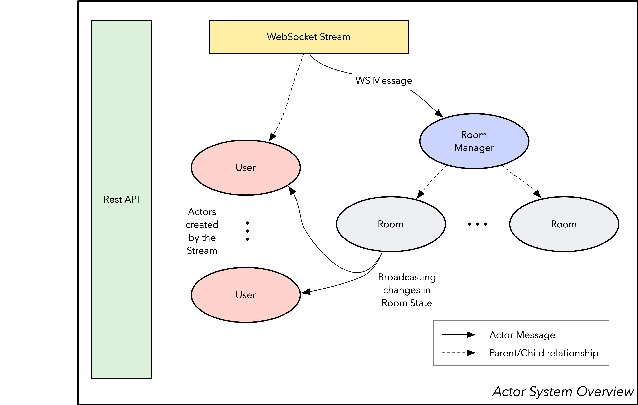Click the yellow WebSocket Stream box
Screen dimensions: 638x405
pos(309,37)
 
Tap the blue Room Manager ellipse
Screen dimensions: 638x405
pos(474,141)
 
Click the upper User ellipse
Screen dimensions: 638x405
pos(246,168)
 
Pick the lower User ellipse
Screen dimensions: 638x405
pos(246,295)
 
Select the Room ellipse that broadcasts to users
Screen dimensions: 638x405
pos(391,224)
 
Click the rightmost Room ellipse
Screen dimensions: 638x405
pos(564,224)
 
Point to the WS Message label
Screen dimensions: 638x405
pos(384,80)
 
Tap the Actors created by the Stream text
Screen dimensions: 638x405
pos(202,231)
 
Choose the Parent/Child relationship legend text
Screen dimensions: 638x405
pos(544,353)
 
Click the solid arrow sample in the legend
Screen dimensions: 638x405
pos(458,335)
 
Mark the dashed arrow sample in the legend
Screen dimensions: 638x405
pos(458,353)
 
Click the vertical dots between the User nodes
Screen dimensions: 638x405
pos(247,231)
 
